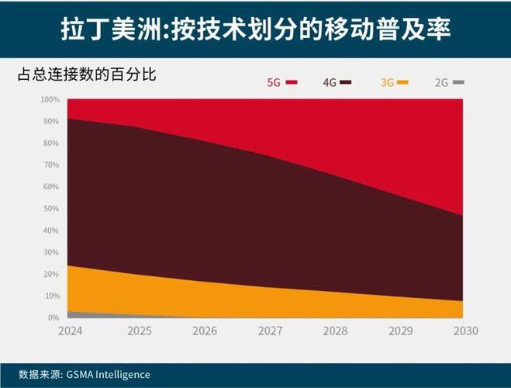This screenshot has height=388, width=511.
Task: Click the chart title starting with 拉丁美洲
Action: tap(255, 29)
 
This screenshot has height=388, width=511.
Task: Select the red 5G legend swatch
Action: tap(292, 81)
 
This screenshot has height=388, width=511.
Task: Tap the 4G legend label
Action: tap(330, 81)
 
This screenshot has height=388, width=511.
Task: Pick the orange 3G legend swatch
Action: tap(403, 81)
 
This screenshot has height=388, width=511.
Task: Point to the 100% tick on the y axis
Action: tap(50, 100)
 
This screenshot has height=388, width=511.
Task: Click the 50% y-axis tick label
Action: tap(51, 209)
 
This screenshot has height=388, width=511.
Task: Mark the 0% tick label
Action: tap(54, 317)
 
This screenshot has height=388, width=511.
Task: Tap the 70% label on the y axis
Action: tap(51, 165)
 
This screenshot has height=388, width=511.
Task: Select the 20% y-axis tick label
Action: tap(51, 274)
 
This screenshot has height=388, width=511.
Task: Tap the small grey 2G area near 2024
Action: tap(74, 314)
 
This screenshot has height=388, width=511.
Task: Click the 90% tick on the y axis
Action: tap(51, 122)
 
